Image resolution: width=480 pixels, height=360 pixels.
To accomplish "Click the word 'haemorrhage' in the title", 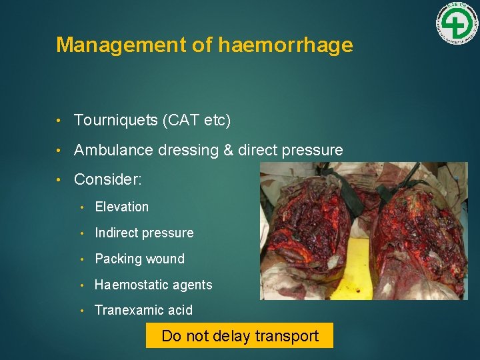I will click(285, 45).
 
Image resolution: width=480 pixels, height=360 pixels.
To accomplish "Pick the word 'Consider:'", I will click(108, 180).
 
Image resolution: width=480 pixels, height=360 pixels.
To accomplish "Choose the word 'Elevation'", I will click(122, 207).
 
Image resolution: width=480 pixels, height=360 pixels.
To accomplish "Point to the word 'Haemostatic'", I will click(129, 285).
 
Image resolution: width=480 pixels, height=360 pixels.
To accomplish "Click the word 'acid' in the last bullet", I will click(181, 310).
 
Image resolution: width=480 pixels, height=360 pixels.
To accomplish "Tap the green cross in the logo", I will click(457, 25).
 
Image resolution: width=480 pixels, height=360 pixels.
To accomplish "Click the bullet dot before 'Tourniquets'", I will click(61, 121).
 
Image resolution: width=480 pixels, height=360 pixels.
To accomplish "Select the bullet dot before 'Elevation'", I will click(83, 207).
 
